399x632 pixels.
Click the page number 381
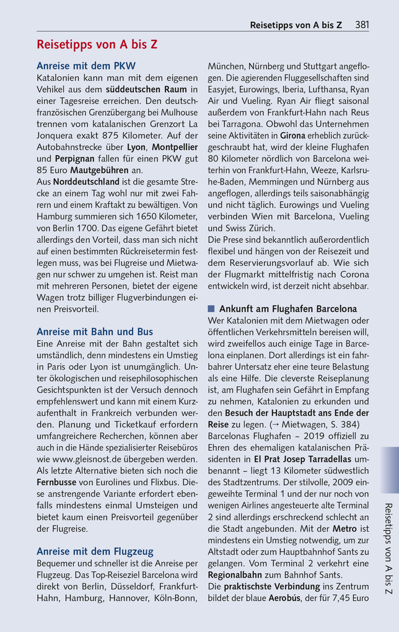pyautogui.click(x=362, y=25)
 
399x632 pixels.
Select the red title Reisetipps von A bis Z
pyautogui.click(x=97, y=45)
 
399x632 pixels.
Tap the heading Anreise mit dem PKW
pyautogui.click(x=86, y=66)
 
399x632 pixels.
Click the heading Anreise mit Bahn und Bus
pyautogui.click(x=95, y=331)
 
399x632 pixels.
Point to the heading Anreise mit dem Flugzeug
pyautogui.click(x=95, y=551)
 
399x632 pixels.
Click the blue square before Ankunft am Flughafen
pyautogui.click(x=211, y=309)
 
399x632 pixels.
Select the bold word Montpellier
pyautogui.click(x=175, y=147)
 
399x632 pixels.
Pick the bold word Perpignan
pyautogui.click(x=74, y=158)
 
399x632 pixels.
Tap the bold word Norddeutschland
pyautogui.click(x=85, y=182)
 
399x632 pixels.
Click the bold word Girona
pyautogui.click(x=292, y=135)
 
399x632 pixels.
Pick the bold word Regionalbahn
pyautogui.click(x=237, y=575)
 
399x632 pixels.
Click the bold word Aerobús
pyautogui.click(x=284, y=599)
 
